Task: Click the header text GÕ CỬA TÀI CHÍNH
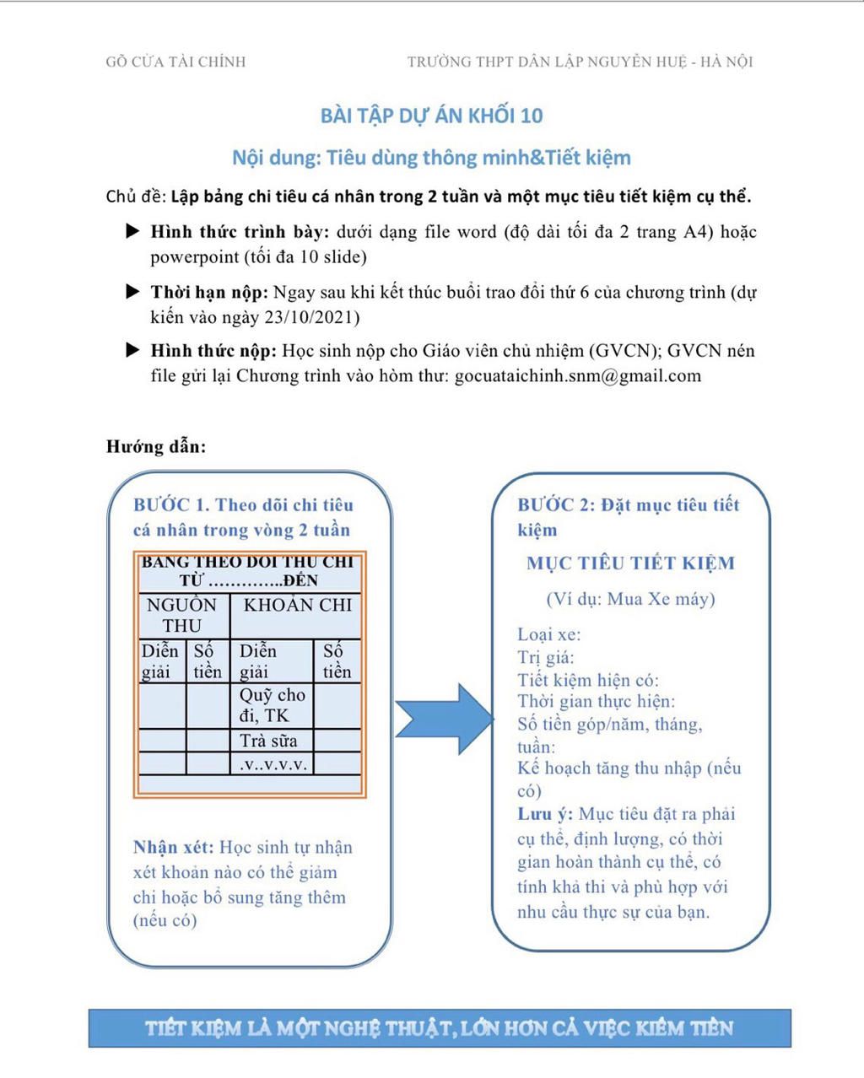click(175, 62)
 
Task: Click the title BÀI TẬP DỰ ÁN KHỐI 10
click(431, 116)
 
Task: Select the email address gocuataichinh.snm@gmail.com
click(577, 376)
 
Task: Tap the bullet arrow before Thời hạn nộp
click(132, 292)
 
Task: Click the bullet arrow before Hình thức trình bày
click(132, 231)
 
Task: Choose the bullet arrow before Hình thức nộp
click(132, 350)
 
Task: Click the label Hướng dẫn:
click(156, 446)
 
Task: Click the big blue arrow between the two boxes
click(444, 719)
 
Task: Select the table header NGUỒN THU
click(182, 615)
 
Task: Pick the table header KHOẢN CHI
click(297, 605)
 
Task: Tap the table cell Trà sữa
click(268, 741)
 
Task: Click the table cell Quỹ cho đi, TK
click(272, 705)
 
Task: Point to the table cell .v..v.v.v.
click(273, 764)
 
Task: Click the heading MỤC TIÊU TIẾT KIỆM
click(630, 563)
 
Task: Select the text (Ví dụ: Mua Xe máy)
click(630, 599)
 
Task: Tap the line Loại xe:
click(549, 634)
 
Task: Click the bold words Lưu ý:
click(545, 814)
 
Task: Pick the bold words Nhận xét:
click(173, 848)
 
